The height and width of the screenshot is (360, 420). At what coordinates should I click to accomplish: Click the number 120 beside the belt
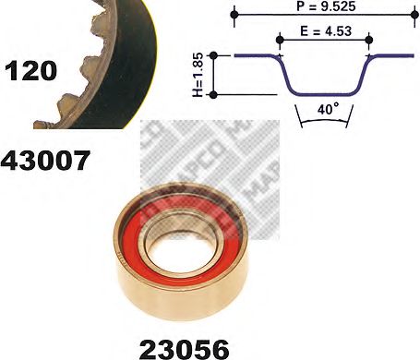coord(31,69)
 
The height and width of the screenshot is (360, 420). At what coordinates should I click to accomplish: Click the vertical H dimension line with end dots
coord(214,75)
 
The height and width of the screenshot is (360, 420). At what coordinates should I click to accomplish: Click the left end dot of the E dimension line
coord(278,40)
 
